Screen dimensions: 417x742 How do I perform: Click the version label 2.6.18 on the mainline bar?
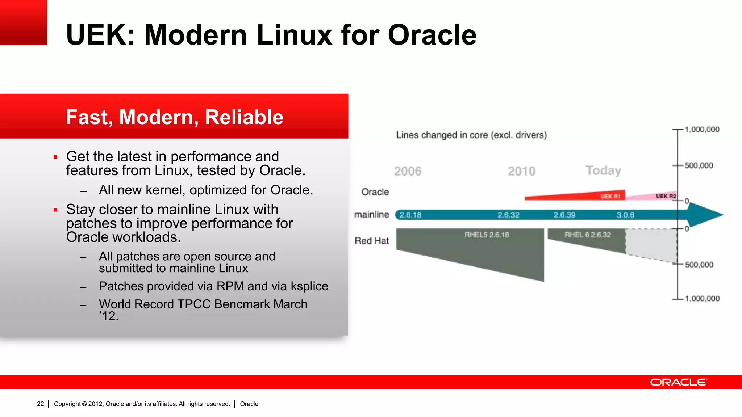(x=410, y=215)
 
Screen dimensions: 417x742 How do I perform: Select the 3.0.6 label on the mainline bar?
(x=625, y=215)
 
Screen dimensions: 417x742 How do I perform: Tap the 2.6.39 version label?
(x=564, y=215)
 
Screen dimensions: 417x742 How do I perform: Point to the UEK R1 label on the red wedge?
(x=610, y=196)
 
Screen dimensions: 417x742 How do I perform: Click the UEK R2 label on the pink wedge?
(x=666, y=196)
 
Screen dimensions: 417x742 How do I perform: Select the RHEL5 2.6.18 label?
(x=487, y=235)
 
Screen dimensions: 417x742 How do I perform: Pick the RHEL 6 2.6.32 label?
(x=588, y=235)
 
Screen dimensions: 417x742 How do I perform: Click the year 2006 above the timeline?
(x=408, y=171)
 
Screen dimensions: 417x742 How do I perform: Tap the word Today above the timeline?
(x=603, y=170)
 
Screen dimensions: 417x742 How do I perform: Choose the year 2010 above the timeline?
(x=521, y=171)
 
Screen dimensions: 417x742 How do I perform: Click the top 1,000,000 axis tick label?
(x=702, y=130)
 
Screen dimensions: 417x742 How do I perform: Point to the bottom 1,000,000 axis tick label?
(x=702, y=299)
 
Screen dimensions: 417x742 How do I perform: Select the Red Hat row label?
(x=372, y=241)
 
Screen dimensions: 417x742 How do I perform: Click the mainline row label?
(x=371, y=215)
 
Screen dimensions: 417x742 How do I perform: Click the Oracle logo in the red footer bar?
(x=678, y=382)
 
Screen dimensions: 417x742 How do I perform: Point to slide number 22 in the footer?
(x=41, y=404)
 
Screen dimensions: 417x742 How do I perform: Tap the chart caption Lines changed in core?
(x=471, y=135)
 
